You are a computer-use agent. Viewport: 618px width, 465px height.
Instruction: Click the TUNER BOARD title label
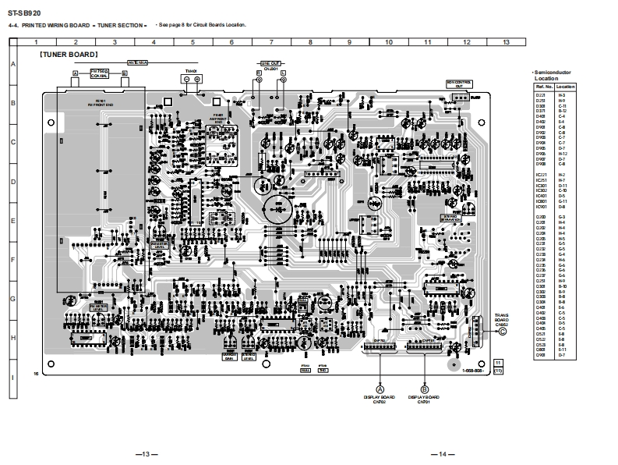click(69, 55)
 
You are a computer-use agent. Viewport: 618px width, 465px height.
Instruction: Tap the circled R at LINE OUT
click(259, 73)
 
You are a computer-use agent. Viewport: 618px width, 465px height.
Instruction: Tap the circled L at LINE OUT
click(283, 73)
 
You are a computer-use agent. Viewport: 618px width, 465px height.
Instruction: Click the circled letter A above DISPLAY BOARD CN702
click(380, 389)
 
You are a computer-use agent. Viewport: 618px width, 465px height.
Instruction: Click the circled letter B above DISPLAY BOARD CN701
click(424, 389)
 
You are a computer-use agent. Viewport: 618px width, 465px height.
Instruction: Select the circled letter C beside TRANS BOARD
click(503, 331)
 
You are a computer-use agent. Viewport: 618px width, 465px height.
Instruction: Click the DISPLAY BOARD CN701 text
click(424, 399)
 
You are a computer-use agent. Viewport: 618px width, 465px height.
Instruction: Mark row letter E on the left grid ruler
click(13, 221)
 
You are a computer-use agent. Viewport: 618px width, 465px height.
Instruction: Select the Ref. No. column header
click(541, 87)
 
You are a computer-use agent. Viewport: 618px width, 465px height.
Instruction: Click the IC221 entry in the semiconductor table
click(541, 174)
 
